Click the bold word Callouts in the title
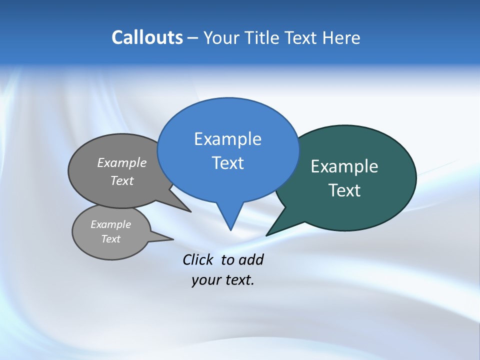[147, 37]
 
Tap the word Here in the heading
[340, 37]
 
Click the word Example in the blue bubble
[227, 139]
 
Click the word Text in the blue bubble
[227, 163]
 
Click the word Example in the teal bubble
[344, 166]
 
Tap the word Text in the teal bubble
[344, 190]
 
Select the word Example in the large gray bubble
[122, 162]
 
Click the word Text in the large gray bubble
[122, 180]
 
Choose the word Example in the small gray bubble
[110, 224]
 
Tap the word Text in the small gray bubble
[110, 239]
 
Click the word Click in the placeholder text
[197, 260]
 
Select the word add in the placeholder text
[251, 260]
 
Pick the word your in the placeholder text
[205, 280]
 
